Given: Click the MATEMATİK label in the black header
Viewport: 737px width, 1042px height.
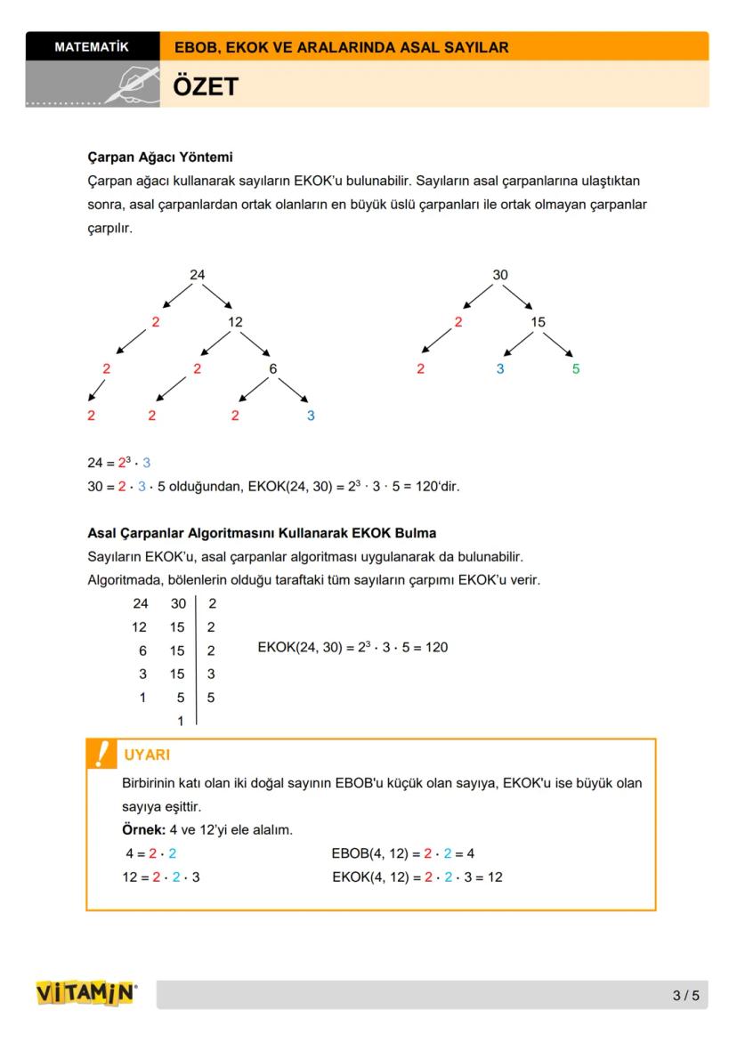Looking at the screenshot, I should tap(92, 46).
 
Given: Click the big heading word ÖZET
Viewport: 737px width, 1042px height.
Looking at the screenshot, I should tap(206, 86).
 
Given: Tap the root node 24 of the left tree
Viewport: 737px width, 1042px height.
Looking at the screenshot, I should tap(197, 275).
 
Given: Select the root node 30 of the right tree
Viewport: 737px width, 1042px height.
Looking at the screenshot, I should tap(500, 275).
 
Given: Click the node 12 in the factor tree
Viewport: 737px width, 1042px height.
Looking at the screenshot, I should tap(235, 322).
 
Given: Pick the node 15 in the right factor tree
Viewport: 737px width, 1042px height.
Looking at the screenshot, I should tap(538, 322).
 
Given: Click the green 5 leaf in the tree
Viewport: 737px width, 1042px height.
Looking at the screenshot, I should tap(576, 368).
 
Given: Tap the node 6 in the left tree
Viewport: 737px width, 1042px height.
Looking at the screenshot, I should tap(272, 368).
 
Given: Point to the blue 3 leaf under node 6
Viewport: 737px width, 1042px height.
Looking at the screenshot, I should tap(310, 416).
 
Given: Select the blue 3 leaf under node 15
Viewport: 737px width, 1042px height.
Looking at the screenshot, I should tap(499, 368).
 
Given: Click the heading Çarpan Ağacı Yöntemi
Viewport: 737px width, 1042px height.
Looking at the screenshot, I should tap(160, 158).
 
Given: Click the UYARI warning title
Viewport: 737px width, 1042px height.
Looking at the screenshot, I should tap(147, 755).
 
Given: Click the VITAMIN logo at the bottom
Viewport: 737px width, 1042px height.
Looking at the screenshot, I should tap(86, 993).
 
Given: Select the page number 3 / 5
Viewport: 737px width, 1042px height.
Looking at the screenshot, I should tap(686, 995).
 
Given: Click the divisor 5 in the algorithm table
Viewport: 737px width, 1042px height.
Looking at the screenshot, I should tap(211, 698).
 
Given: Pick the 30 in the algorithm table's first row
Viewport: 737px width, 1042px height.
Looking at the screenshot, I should tap(178, 603).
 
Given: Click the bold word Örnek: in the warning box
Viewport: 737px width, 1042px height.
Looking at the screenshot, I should tap(142, 829).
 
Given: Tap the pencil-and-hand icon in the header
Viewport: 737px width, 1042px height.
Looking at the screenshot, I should tap(132, 84).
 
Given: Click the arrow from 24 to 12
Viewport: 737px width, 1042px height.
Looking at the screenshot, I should tap(216, 296).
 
